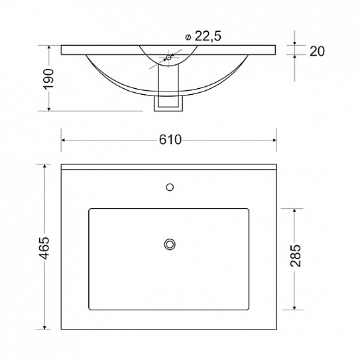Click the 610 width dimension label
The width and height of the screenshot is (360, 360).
pos(170,140)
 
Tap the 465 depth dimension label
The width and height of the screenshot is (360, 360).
pos(44,248)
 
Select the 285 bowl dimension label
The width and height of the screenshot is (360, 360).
pos(296,255)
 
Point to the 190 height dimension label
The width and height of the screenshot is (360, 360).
pos(48,79)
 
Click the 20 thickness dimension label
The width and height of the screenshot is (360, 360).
pos(317,51)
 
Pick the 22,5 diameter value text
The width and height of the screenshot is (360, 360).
pos(208,36)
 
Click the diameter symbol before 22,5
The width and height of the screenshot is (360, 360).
pos(188,37)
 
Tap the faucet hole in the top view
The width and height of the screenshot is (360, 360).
pos(170,188)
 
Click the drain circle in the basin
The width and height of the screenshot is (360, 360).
pos(170,244)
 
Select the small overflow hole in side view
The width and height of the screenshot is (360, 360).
pos(169,58)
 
